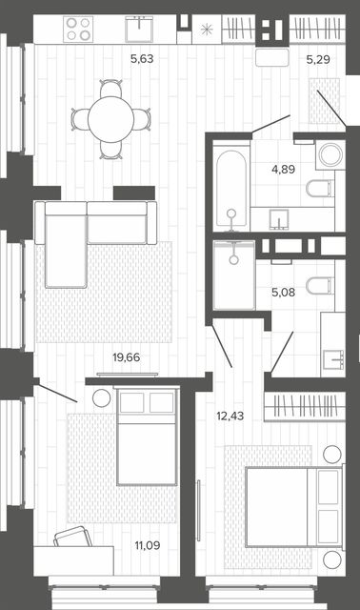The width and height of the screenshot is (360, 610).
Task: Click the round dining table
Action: coord(110,119)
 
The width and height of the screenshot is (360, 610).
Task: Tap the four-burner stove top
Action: coord(78,30)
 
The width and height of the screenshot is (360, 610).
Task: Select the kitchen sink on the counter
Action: coord(139,29)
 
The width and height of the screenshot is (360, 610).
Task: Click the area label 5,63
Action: coord(142,59)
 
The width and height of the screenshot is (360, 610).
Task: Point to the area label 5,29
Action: coord(318,59)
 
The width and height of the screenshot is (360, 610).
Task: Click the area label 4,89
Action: coord(284,170)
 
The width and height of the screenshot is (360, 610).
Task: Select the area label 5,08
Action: coord(284,293)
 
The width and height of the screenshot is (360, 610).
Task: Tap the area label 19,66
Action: coord(127,357)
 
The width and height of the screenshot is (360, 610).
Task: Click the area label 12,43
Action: coord(230,416)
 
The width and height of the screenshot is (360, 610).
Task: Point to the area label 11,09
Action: coord(148,545)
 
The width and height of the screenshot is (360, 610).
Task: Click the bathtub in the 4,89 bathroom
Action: coord(231,189)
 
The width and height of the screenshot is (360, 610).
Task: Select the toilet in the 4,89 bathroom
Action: coord(320,189)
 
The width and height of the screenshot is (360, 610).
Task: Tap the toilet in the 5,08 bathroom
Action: coord(320,286)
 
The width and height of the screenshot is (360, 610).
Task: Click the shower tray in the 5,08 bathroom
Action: coord(234,275)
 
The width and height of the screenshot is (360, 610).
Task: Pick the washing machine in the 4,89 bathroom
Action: coord(330,154)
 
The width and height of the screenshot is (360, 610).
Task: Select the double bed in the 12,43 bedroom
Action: coord(294,507)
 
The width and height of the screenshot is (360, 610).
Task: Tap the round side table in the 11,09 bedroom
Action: coord(102,398)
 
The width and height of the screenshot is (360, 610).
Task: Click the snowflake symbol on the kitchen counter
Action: coord(207,30)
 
